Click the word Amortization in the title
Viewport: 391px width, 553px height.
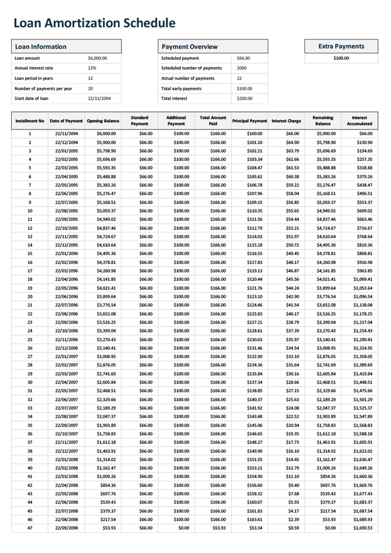tap(84, 23)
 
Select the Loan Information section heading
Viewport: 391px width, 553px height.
tap(41, 47)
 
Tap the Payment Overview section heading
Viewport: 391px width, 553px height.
tap(190, 47)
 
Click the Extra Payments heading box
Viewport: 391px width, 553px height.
tap(341, 46)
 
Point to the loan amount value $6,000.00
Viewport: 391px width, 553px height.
tap(97, 58)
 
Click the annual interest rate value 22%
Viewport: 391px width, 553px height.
tap(92, 68)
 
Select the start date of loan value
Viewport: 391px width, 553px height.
tap(99, 98)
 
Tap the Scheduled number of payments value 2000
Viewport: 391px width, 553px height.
tap(242, 68)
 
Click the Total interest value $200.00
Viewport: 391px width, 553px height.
tap(245, 98)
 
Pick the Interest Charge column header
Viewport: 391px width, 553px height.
tap(286, 121)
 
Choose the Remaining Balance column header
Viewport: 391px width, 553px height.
tap(323, 121)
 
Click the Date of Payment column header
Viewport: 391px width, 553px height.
tap(66, 121)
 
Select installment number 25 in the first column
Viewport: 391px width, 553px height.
tap(30, 339)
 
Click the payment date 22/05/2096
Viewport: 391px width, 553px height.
tap(66, 288)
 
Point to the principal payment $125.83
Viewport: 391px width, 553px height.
tap(255, 314)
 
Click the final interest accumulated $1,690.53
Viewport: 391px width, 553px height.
tap(363, 528)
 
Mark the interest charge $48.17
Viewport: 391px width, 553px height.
tap(292, 262)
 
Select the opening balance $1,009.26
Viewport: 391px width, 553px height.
tap(106, 476)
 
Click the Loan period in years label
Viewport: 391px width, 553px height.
tap(34, 78)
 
